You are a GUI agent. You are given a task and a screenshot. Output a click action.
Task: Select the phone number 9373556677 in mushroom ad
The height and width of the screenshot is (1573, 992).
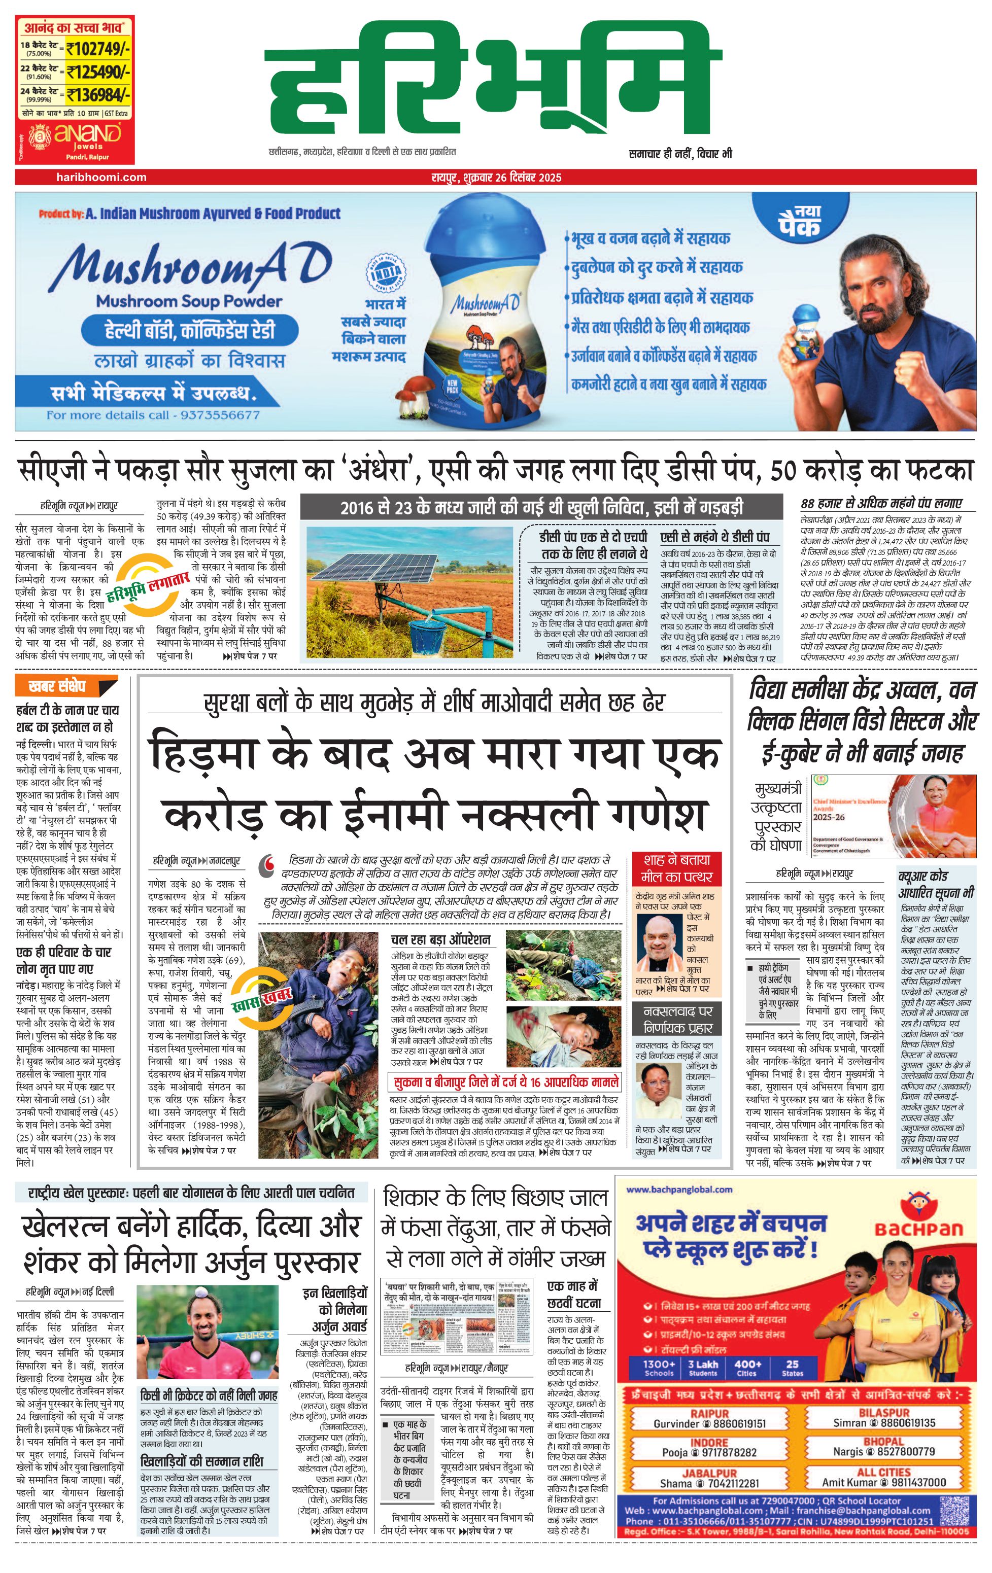[x=220, y=415]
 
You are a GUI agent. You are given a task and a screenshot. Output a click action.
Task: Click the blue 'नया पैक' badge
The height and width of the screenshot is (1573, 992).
[x=799, y=221]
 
